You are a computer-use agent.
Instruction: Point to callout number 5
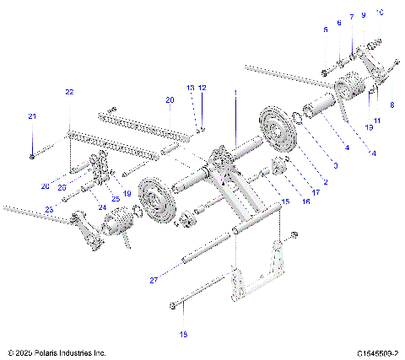coord(325,30)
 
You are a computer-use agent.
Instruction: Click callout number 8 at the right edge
coord(391,105)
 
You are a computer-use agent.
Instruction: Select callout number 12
coord(202,88)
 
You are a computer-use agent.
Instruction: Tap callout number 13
coord(191,88)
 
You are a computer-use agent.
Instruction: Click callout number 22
coord(68,90)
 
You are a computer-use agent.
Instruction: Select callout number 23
coord(48,210)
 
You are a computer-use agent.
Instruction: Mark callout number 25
coord(115,198)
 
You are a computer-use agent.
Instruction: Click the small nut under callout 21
coord(31,156)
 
